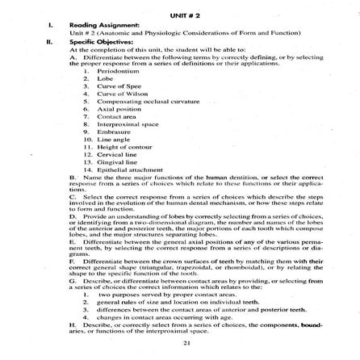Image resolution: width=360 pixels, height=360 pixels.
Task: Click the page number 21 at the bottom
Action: (x=186, y=344)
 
